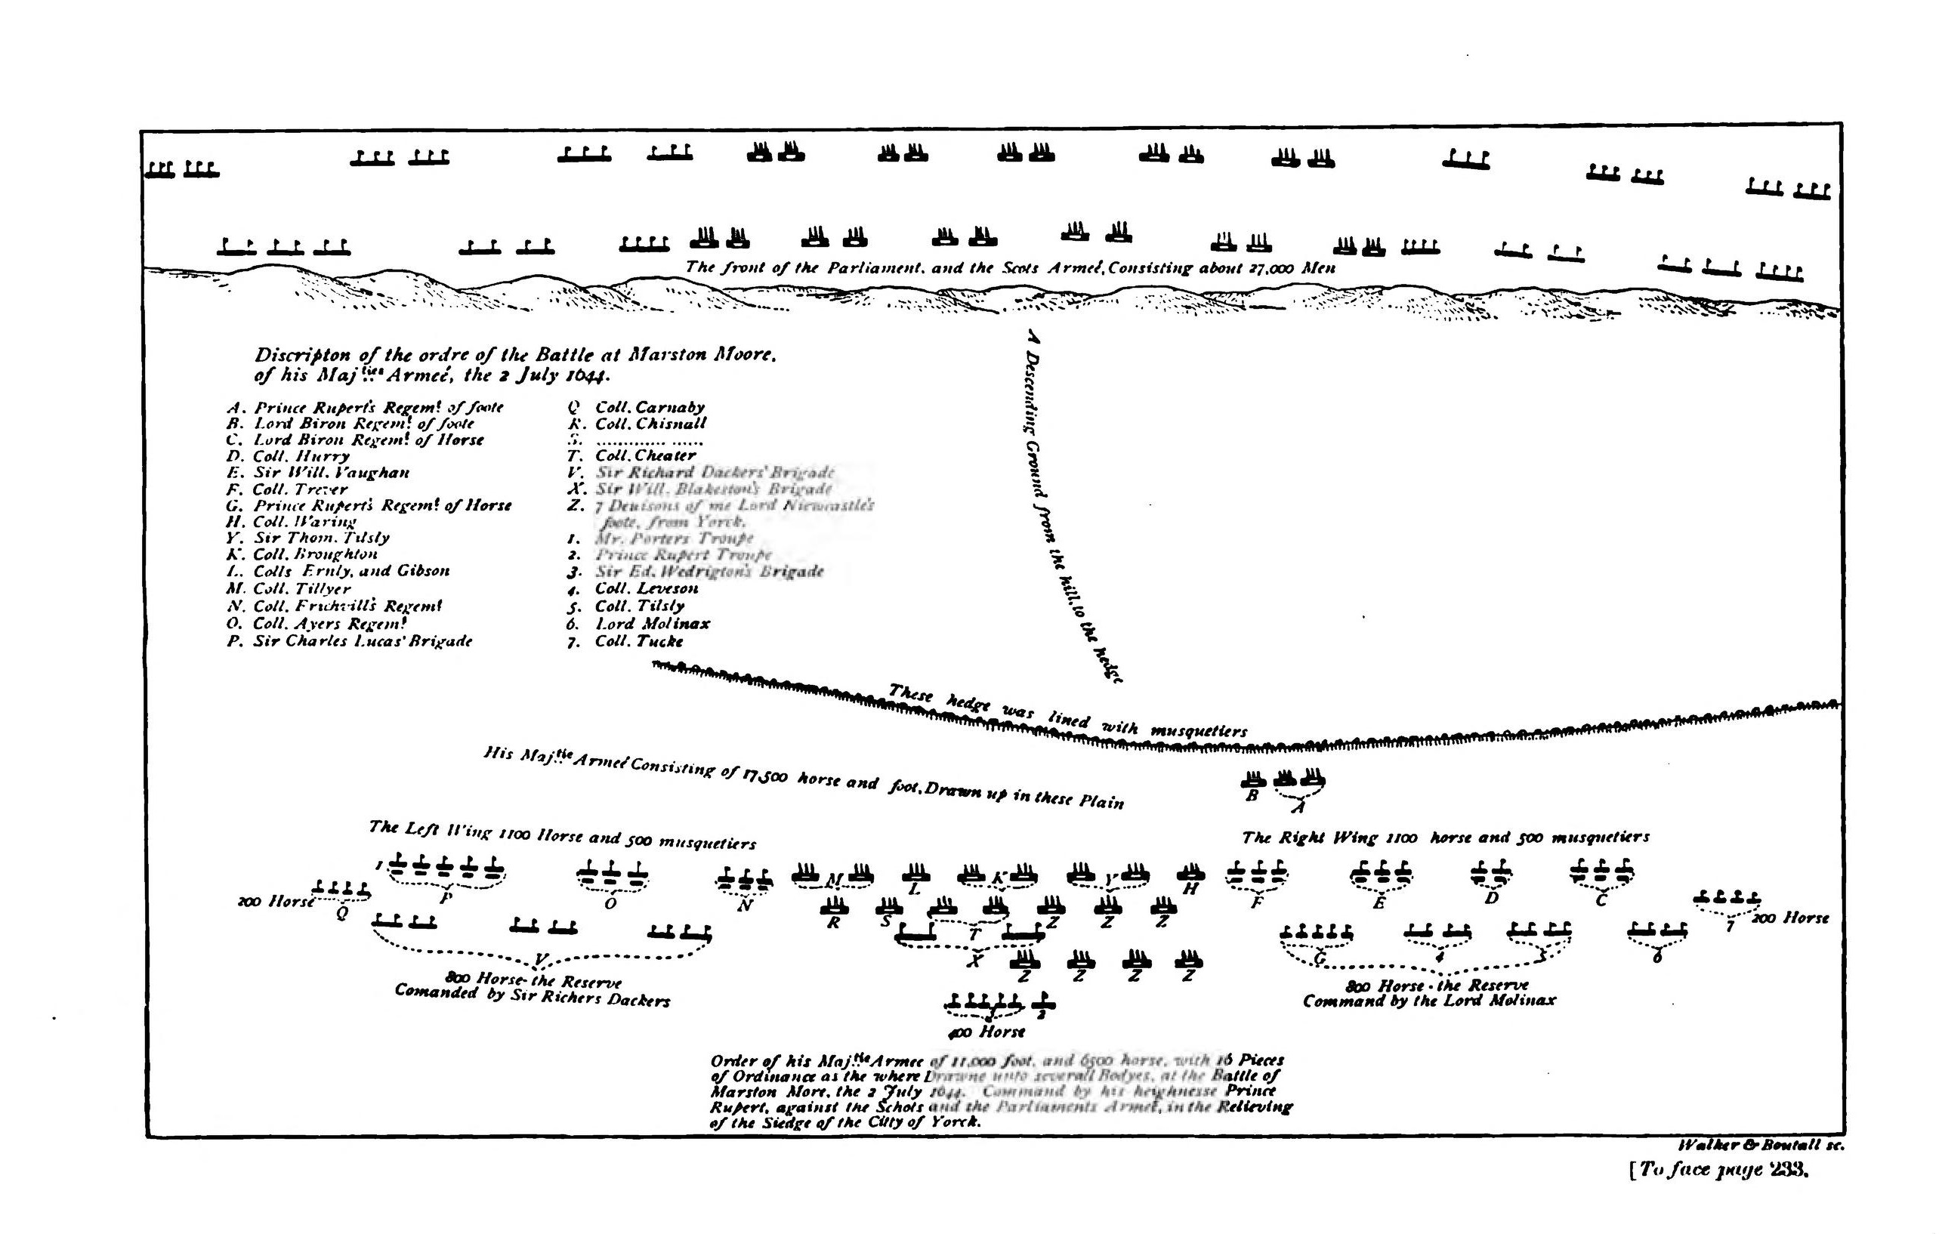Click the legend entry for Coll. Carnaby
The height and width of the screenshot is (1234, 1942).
click(649, 407)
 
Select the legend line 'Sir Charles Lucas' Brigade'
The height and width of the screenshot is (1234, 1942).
click(362, 641)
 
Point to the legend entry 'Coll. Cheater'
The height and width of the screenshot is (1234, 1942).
click(644, 455)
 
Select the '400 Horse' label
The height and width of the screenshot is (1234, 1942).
click(986, 1032)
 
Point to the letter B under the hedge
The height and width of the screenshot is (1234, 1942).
click(1252, 796)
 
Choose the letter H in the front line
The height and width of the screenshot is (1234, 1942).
click(1190, 890)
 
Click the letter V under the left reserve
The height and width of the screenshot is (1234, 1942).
click(542, 959)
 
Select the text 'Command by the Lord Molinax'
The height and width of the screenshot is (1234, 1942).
click(1429, 1001)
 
